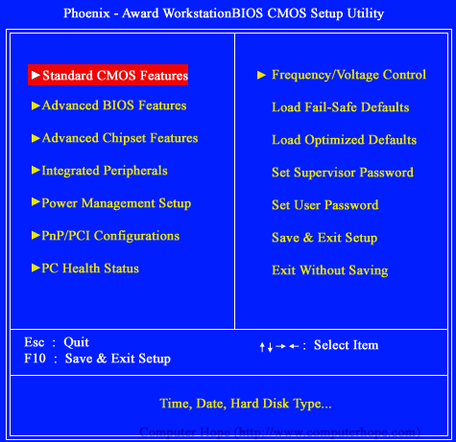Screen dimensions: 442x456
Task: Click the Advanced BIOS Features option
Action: [x=113, y=105]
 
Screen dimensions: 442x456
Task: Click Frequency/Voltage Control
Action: [x=348, y=75]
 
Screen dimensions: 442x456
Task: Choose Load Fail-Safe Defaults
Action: [x=340, y=107]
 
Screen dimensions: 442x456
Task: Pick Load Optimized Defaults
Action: [x=344, y=140]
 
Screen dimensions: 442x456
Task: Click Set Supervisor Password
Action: [x=342, y=173]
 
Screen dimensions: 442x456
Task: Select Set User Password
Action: [x=324, y=205]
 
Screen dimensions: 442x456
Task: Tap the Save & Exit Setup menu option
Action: [x=324, y=238]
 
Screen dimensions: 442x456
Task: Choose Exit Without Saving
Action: [x=329, y=270]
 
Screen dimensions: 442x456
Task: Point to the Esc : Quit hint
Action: [x=56, y=342]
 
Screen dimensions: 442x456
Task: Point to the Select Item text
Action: [x=346, y=345]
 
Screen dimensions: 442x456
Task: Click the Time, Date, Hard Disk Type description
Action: [x=246, y=403]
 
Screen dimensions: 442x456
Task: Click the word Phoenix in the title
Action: [x=89, y=14]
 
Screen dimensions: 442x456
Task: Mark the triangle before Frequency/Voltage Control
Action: [x=261, y=75]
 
